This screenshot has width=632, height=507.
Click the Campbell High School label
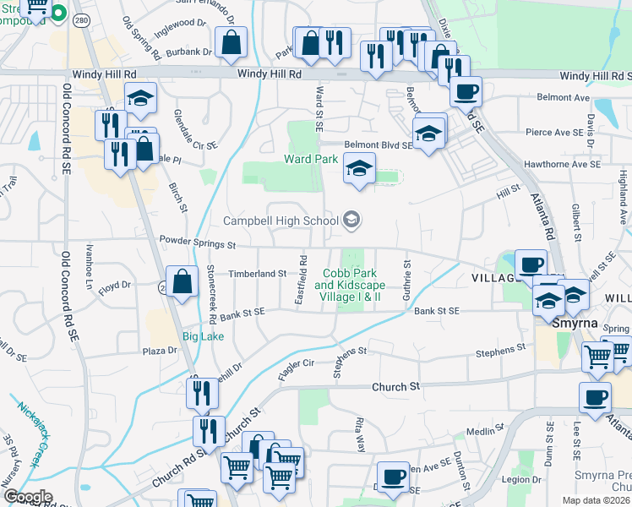281,221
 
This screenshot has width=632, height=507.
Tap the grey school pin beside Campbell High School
351,221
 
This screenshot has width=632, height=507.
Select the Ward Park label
311,159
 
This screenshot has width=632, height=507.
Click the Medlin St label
485,432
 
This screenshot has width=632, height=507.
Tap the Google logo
27,497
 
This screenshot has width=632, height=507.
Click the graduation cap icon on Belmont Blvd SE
429,133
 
